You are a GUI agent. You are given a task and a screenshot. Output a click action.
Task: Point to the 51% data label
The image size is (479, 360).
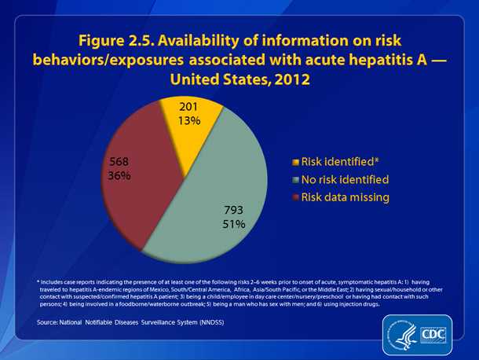233,224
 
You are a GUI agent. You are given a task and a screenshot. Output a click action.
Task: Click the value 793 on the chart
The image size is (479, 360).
233,210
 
